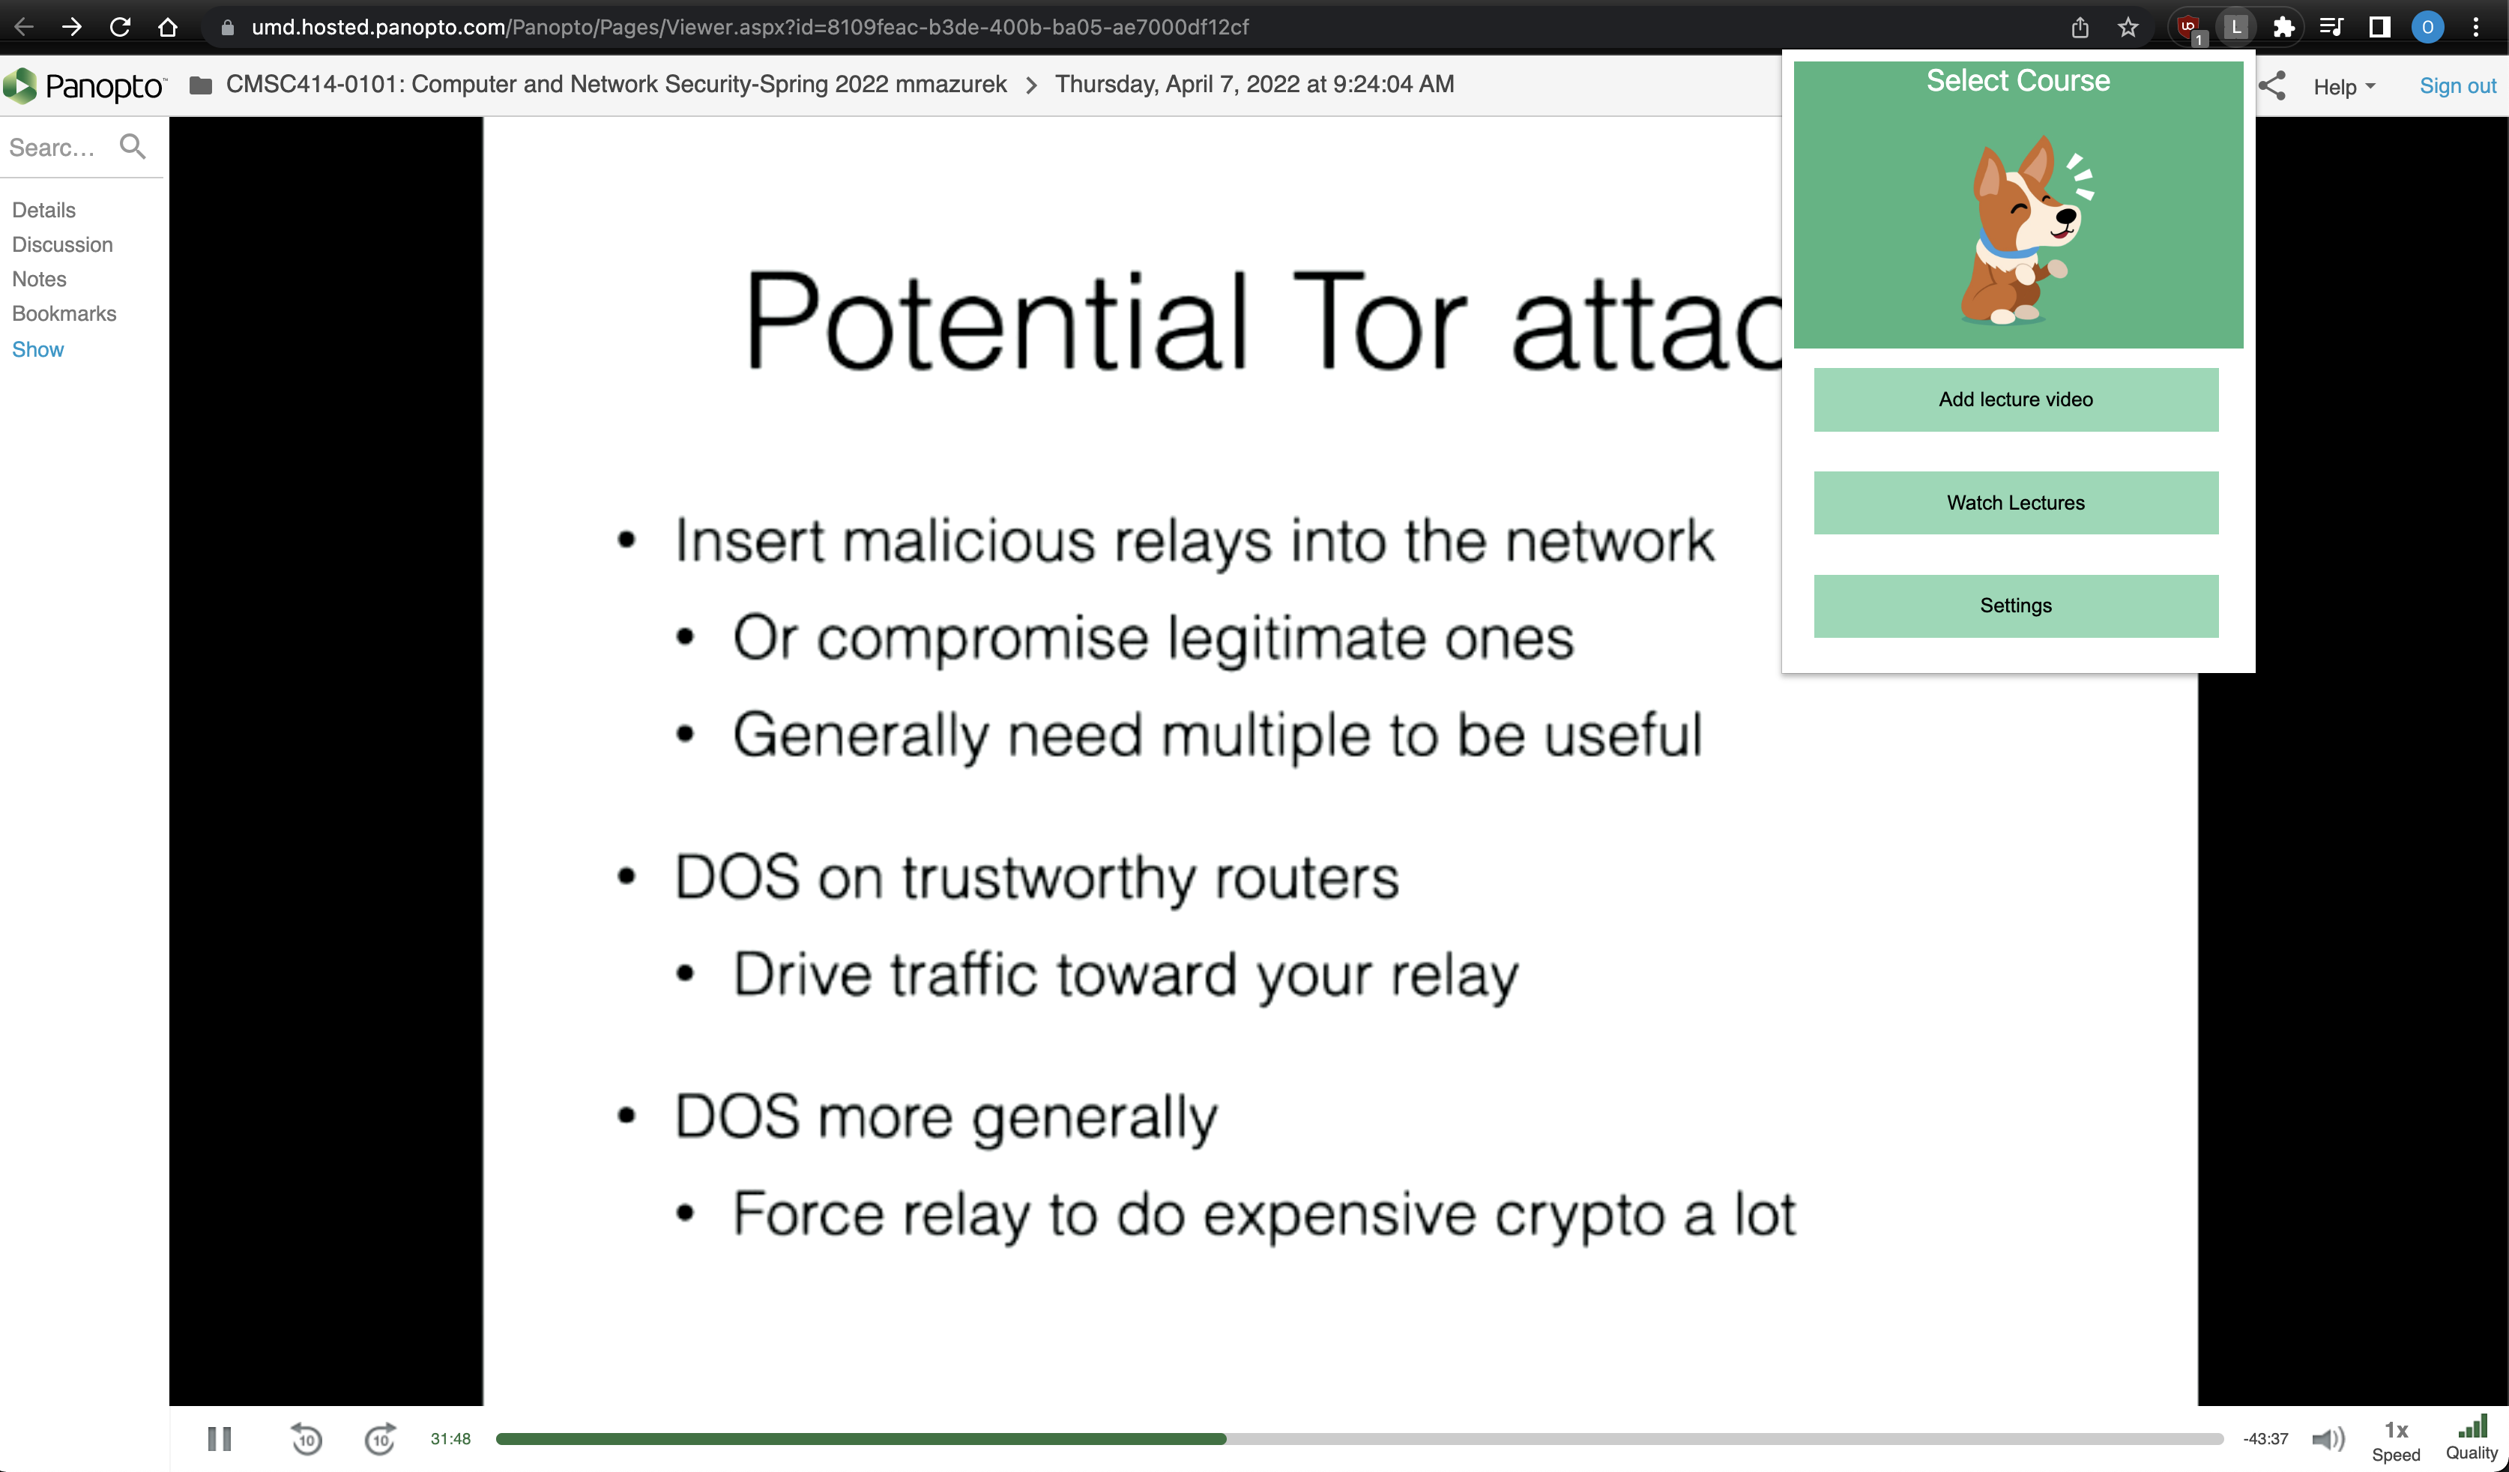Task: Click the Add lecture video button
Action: coord(2015,399)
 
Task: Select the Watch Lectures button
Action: coord(2015,503)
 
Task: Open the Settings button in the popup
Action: coord(2015,606)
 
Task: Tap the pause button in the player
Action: coord(219,1438)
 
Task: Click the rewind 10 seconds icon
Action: coord(306,1438)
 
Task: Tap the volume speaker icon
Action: coord(2328,1438)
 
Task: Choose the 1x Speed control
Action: coord(2396,1440)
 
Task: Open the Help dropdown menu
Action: coord(2343,87)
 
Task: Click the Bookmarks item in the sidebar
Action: coord(64,314)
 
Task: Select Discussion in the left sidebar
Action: coord(61,245)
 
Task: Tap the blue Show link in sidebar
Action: coord(37,349)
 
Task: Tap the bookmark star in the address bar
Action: coord(2128,27)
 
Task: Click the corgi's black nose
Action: coord(2067,216)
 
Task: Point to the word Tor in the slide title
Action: coord(1379,321)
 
